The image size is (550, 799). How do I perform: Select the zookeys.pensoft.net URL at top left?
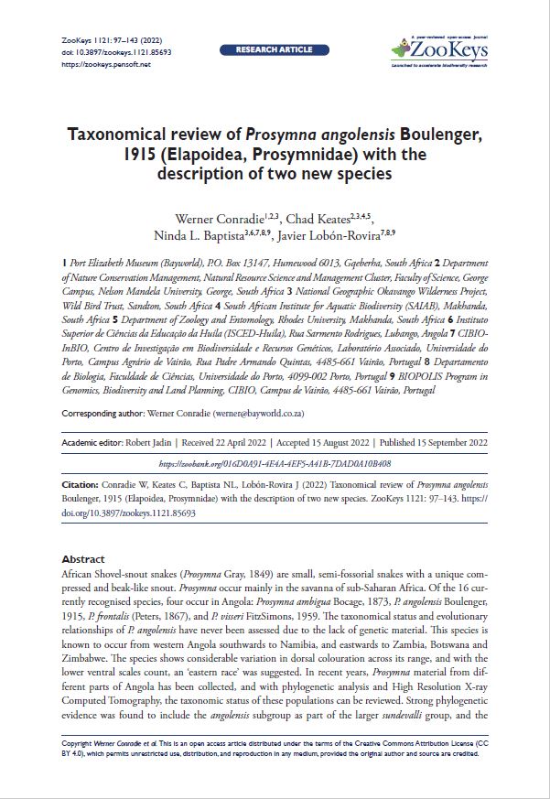102,64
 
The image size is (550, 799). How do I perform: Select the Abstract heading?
83,558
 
